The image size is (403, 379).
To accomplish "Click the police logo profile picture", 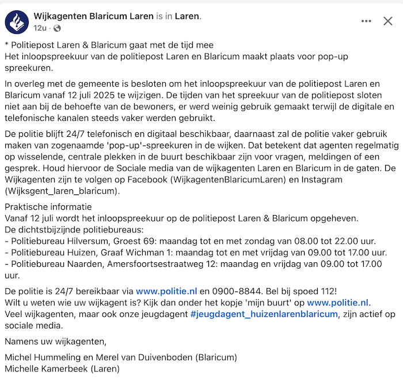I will (17, 22).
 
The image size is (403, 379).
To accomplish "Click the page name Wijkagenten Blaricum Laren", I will (94, 17).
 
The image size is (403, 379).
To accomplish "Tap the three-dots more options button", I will (366, 21).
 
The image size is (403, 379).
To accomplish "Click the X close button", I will (388, 21).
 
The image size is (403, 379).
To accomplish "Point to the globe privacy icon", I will (57, 28).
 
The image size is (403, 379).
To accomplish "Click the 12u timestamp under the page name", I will (40, 28).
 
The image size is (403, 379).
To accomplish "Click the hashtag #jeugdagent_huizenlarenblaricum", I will (264, 313).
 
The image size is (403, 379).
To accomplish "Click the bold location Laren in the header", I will (187, 17).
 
